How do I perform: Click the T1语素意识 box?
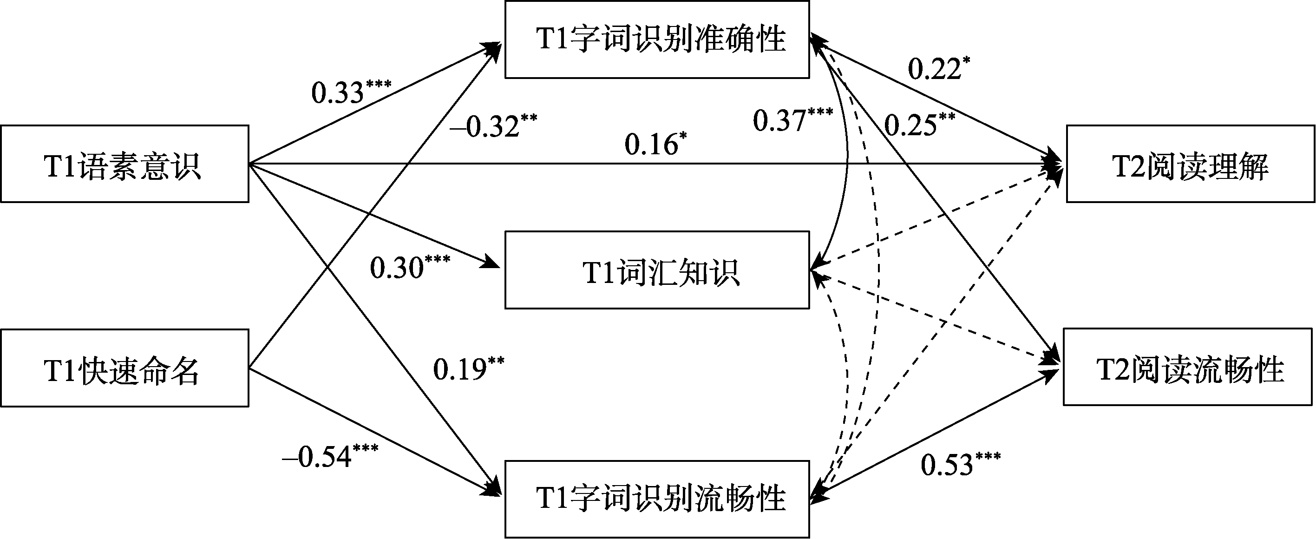pos(124,164)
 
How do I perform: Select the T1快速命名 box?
pos(124,368)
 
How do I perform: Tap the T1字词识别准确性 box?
pos(657,39)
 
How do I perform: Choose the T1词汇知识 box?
pos(657,270)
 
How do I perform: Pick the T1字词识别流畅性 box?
pos(657,499)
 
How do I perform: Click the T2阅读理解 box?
pos(1190,164)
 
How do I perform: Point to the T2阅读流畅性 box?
pos(1188,368)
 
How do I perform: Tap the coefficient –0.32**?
pos(493,125)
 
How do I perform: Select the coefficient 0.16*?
pos(655,144)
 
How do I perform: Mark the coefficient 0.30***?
pos(410,267)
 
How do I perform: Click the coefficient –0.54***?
pos(330,456)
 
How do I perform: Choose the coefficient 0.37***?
pos(792,120)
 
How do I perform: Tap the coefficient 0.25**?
pos(919,124)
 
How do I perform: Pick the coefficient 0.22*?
pos(938,68)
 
